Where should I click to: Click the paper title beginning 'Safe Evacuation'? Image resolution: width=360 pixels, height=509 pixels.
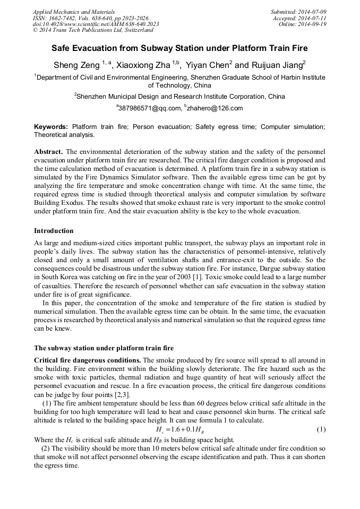(179, 48)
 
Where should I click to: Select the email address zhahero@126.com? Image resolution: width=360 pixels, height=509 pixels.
(215, 108)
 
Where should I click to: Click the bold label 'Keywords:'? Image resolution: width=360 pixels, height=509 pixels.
(51, 127)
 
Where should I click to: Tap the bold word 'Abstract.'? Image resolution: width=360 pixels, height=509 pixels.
(48, 151)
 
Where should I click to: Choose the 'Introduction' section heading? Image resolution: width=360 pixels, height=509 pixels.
(54, 231)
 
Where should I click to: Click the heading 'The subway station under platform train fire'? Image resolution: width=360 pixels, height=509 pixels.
(104, 348)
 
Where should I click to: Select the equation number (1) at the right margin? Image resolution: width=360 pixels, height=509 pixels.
(321, 429)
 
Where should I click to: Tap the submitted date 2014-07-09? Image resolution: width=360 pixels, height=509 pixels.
(313, 12)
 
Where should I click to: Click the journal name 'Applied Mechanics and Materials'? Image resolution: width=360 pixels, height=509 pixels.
(73, 12)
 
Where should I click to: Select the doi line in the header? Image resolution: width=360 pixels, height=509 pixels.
(96, 24)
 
